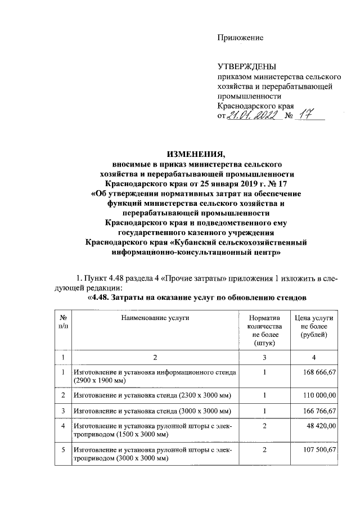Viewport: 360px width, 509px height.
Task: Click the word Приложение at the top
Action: [x=240, y=38]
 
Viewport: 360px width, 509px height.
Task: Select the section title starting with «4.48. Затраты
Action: [x=197, y=297]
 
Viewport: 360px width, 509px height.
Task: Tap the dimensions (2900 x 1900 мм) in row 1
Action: [x=99, y=381]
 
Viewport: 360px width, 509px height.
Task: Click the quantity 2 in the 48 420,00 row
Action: [x=263, y=427]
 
